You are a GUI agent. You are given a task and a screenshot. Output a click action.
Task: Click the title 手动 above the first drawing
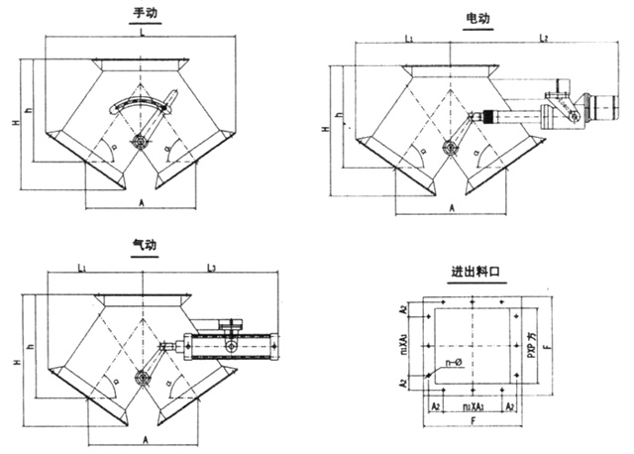point(147,13)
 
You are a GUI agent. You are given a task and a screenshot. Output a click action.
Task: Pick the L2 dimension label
point(544,37)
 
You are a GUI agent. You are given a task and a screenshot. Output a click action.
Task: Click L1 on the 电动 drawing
point(409,37)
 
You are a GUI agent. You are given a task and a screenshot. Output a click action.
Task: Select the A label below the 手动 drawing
point(145,201)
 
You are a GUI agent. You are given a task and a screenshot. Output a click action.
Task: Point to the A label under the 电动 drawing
point(452,209)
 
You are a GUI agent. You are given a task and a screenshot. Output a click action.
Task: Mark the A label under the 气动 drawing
point(145,437)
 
